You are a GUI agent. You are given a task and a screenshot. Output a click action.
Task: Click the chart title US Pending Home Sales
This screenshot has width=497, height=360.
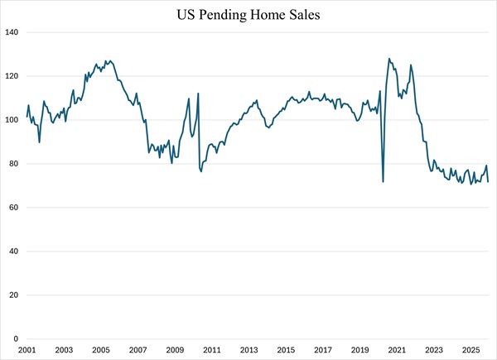pyautogui.click(x=248, y=14)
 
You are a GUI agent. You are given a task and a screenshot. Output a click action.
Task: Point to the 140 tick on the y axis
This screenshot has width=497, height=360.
pyautogui.click(x=12, y=32)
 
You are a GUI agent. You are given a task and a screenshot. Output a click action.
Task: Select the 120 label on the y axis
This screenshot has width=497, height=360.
pyautogui.click(x=12, y=76)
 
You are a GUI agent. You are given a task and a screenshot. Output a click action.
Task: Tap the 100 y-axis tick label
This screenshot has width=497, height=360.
pyautogui.click(x=12, y=120)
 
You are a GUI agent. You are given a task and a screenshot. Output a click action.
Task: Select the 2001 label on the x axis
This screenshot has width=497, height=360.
pyautogui.click(x=26, y=351)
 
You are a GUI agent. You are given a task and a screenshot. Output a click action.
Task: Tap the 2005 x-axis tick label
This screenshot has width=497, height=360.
pyautogui.click(x=100, y=351)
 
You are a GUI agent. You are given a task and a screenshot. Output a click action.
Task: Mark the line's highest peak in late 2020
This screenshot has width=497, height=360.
pyautogui.click(x=389, y=59)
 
